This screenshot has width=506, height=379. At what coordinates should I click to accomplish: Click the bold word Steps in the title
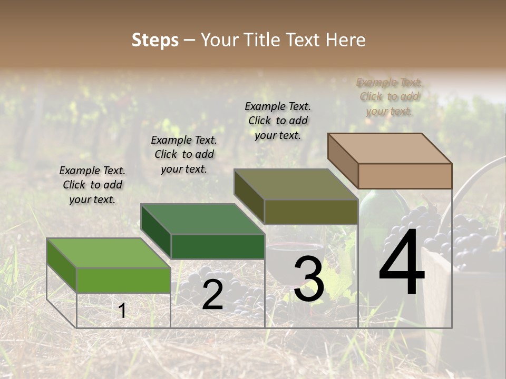click(x=155, y=40)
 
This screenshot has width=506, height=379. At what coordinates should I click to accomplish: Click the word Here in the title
click(x=346, y=40)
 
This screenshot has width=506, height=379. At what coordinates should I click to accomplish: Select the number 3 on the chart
click(x=308, y=280)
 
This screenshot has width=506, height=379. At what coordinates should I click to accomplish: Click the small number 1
click(x=122, y=311)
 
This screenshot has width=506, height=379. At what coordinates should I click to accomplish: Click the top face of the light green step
click(x=108, y=253)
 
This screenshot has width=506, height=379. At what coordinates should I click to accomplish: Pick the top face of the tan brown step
click(x=390, y=148)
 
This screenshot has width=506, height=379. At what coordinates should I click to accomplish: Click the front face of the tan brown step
click(x=405, y=176)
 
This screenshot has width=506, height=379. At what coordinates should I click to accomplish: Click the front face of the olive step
click(x=311, y=212)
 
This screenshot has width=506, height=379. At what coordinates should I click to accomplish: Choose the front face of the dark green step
click(x=218, y=246)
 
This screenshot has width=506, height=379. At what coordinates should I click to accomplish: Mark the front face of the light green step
click(x=123, y=280)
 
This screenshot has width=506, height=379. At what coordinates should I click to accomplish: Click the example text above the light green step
click(x=92, y=185)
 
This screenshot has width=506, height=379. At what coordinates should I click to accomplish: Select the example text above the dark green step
click(x=184, y=154)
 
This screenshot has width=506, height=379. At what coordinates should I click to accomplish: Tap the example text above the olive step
click(x=278, y=121)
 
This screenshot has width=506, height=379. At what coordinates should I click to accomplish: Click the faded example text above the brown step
click(x=390, y=96)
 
